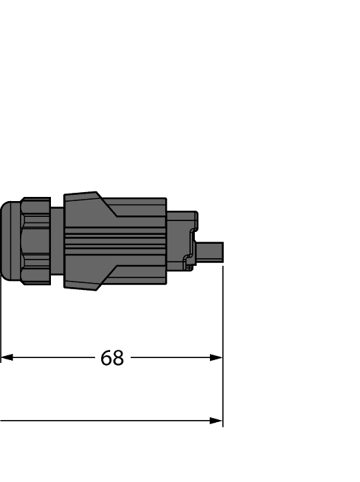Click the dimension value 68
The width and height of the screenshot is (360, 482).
point(112,358)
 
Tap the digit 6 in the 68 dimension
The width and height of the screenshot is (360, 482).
point(107,358)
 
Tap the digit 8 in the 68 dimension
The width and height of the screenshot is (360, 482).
point(118,358)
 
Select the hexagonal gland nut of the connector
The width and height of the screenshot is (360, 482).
point(36,241)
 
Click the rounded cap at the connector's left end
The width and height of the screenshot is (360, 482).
point(10,241)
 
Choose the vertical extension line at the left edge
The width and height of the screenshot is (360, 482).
point(1,324)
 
